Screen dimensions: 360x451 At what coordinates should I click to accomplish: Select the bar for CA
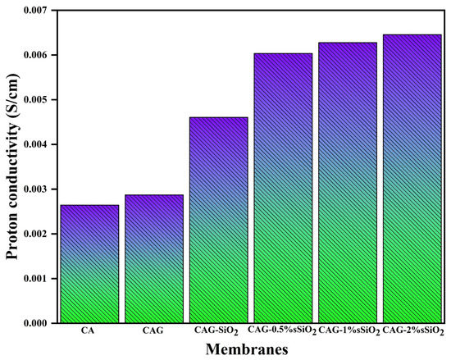(89, 264)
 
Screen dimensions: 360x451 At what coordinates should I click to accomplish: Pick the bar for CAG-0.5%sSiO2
(282, 188)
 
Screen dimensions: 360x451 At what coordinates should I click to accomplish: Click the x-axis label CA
(89, 330)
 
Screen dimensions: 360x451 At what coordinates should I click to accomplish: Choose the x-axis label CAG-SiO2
(218, 331)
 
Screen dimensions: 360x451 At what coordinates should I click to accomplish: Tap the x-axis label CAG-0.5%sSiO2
(282, 331)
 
